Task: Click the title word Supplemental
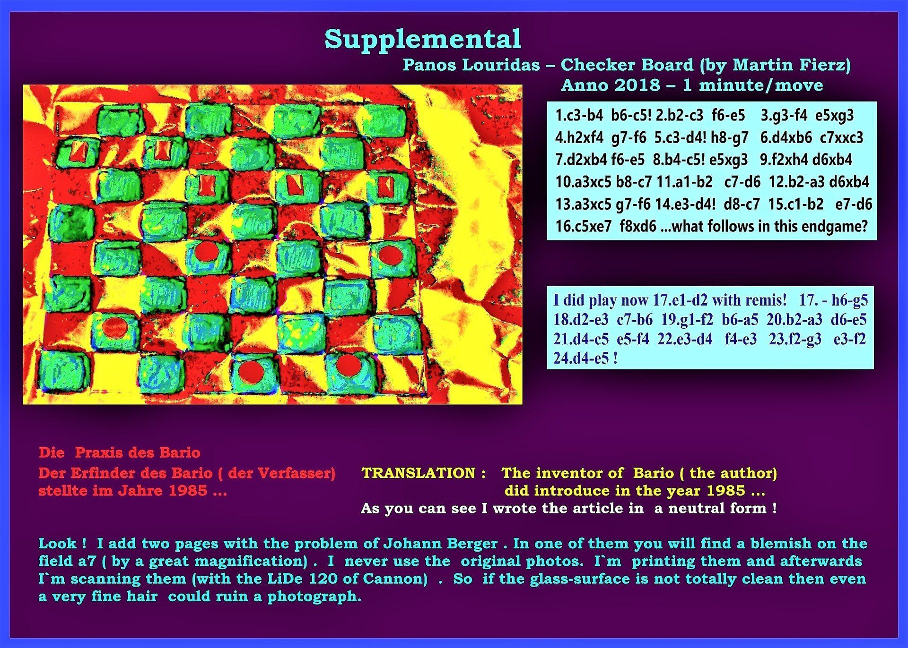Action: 423,40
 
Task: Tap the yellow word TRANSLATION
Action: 419,473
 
